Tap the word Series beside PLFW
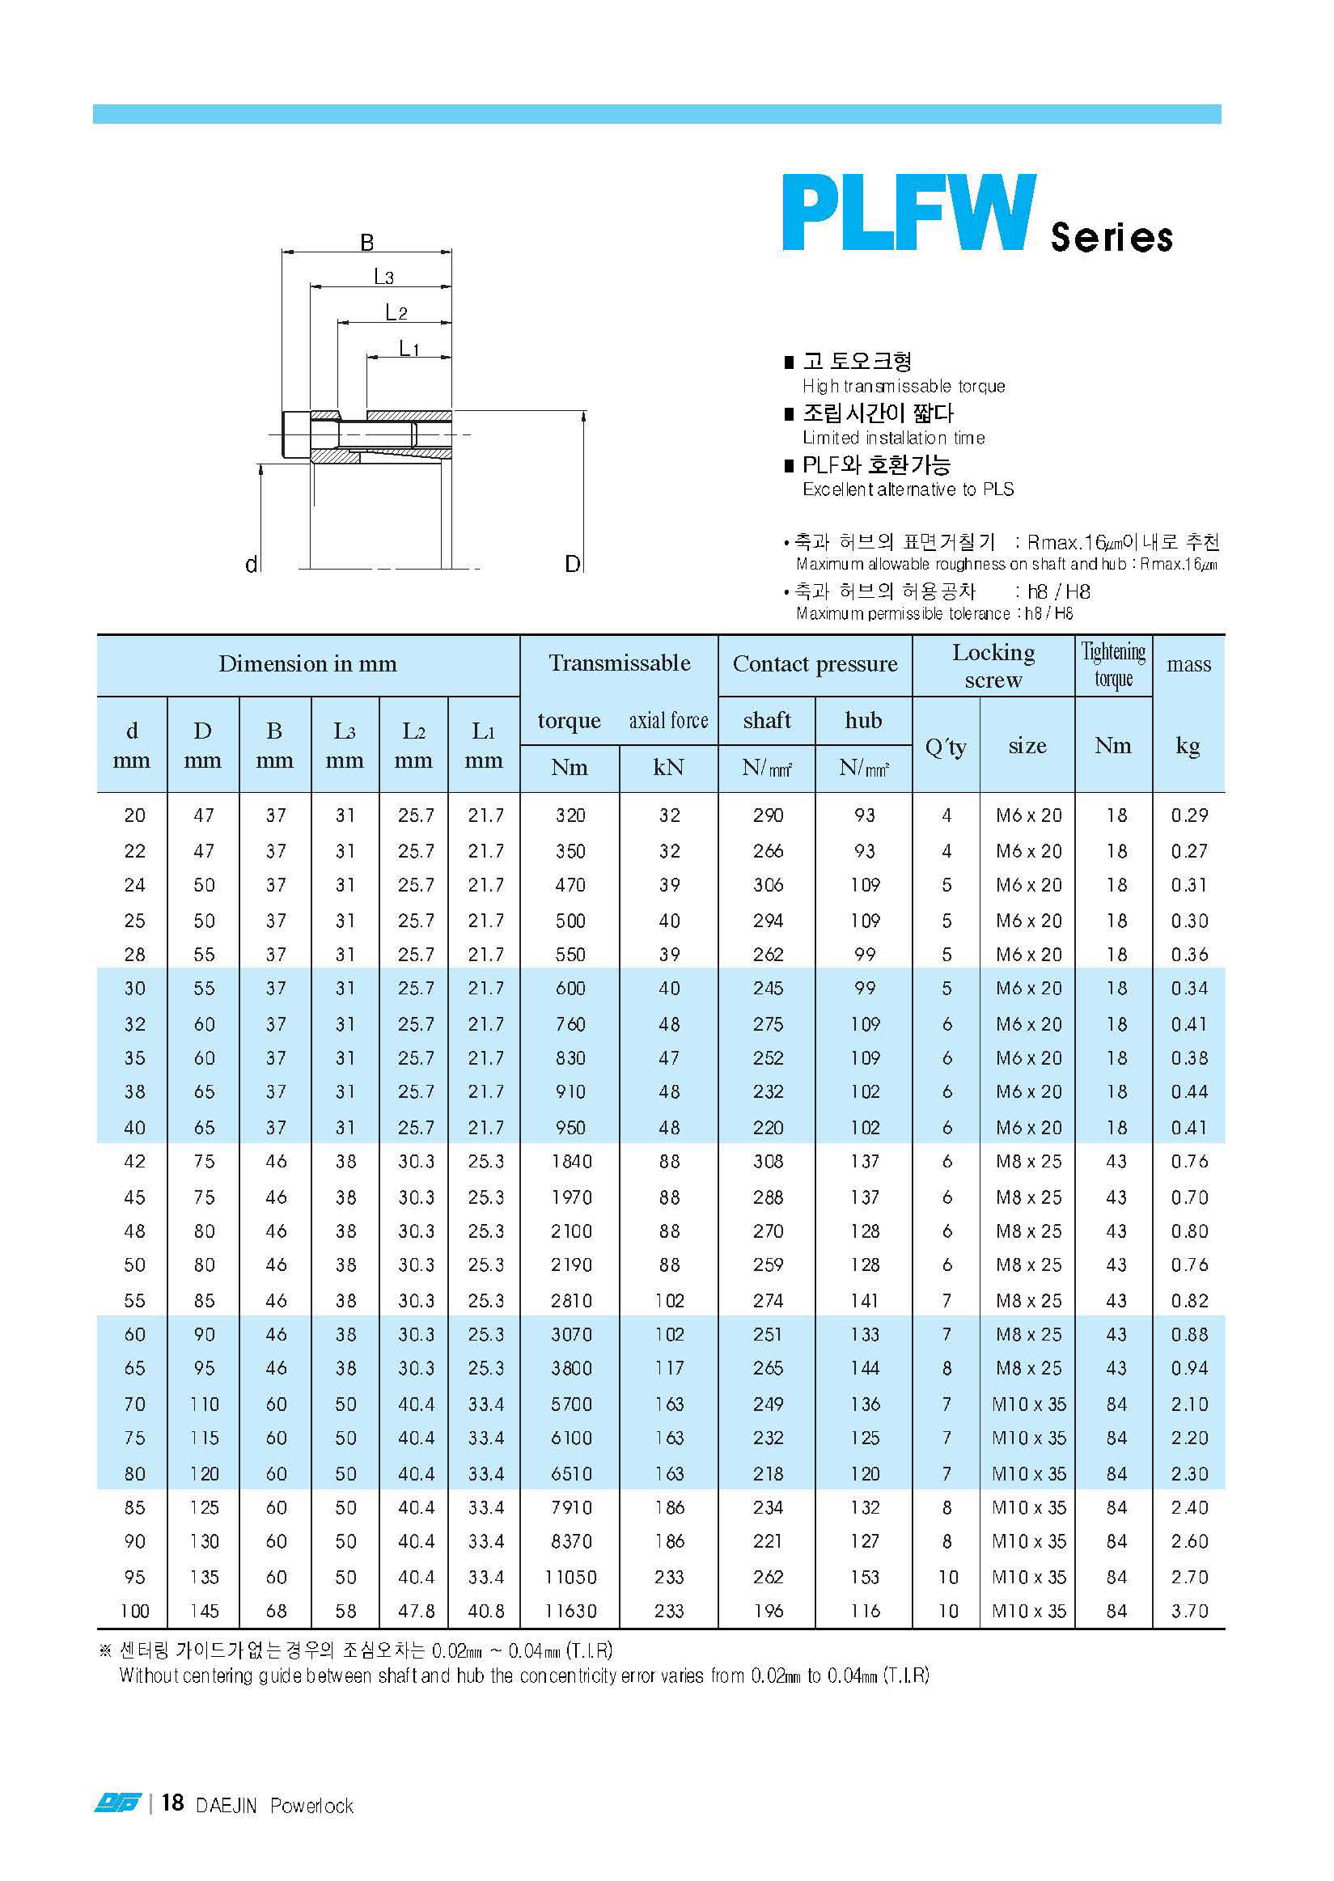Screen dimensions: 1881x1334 [x=1111, y=237]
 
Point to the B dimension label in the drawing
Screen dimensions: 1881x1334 [x=366, y=243]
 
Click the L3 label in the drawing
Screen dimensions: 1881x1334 [x=383, y=277]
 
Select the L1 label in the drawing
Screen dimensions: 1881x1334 [x=409, y=348]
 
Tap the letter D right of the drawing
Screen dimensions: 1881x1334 [x=573, y=563]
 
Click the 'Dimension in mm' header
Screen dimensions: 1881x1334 [x=307, y=663]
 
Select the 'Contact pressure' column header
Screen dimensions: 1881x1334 [x=814, y=663]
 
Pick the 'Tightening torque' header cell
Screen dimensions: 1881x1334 [x=1112, y=664]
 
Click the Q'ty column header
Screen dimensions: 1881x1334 [x=945, y=746]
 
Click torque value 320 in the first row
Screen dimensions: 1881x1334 [x=570, y=815]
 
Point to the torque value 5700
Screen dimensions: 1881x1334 [x=570, y=1404]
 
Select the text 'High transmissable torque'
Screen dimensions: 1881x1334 [x=904, y=386]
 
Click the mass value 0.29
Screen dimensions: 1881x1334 [x=1188, y=815]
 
